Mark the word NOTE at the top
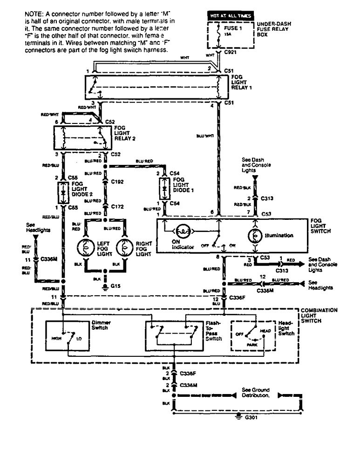coord(33,15)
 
